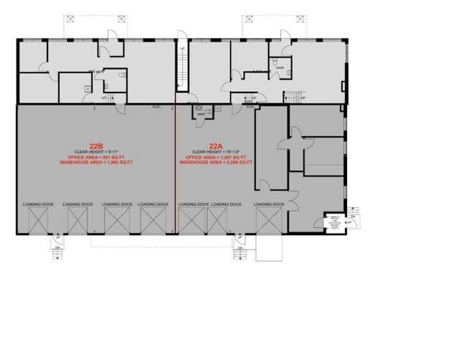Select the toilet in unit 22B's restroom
[124, 75]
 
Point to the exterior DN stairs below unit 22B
[57, 253]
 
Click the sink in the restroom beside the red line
[199, 113]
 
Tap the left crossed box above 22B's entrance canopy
[70, 19]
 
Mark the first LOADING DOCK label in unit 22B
[37, 204]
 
